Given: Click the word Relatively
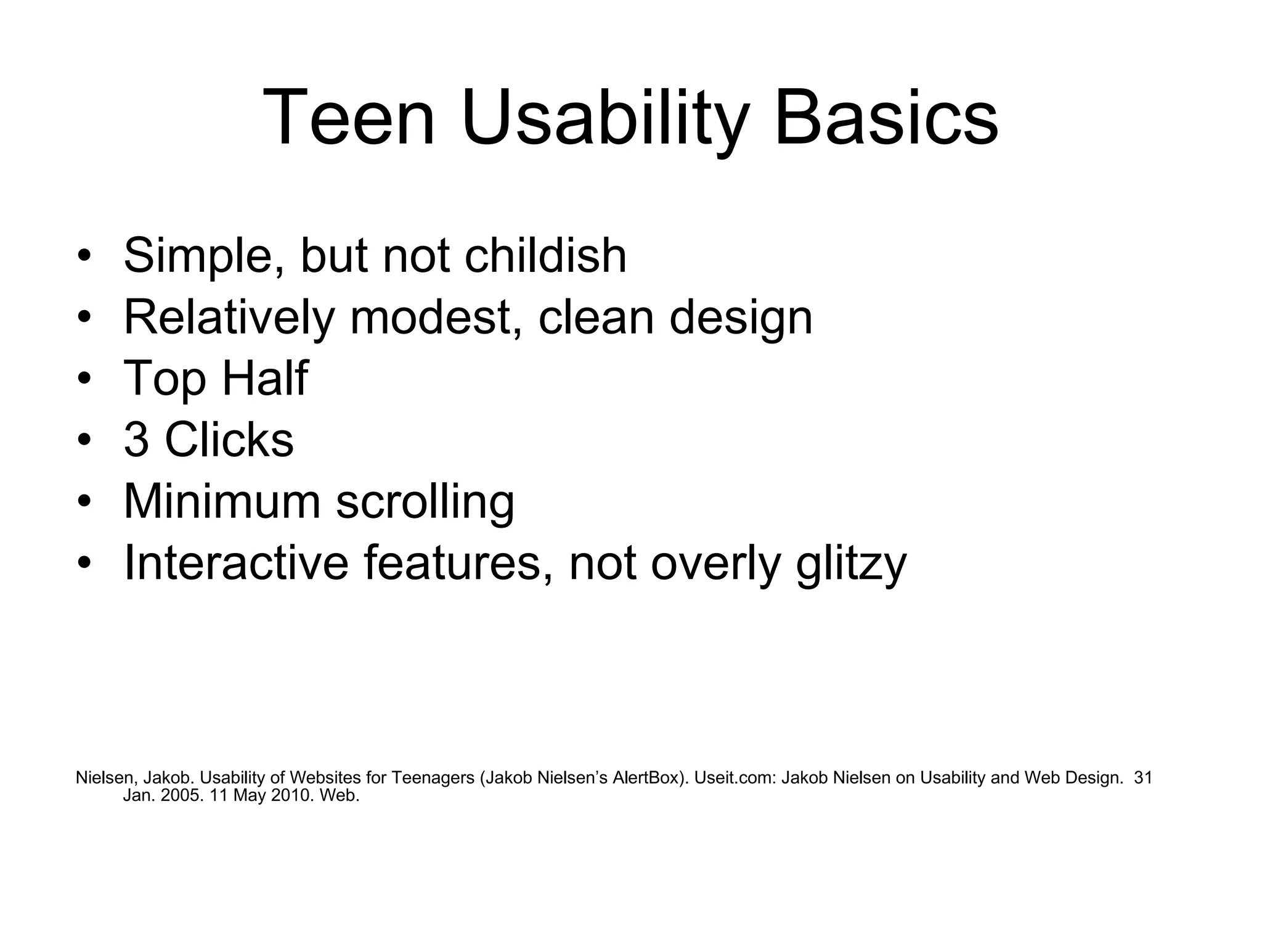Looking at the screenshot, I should click(x=229, y=317).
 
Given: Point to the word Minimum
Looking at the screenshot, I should click(x=222, y=501).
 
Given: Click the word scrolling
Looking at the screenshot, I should click(x=425, y=501).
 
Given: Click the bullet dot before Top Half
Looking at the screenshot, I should click(x=84, y=378).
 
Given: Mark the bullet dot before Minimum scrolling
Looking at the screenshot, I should click(x=84, y=501).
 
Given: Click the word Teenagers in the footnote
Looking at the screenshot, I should click(x=432, y=778).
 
